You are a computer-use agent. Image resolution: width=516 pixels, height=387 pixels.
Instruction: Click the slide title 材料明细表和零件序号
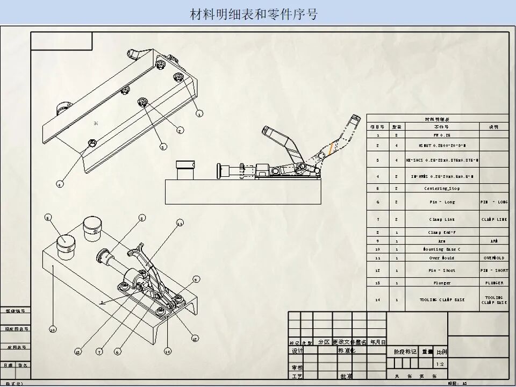(254, 14)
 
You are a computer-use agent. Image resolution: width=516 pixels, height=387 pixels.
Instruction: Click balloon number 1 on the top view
(199, 113)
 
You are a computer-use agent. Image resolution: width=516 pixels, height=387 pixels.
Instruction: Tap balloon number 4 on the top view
(60, 184)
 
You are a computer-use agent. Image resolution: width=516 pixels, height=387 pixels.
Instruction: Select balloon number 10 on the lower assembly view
(53, 329)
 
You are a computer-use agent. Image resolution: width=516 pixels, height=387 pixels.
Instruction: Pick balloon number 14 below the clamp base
(168, 352)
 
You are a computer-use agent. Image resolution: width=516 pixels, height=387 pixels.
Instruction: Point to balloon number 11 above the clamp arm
(180, 222)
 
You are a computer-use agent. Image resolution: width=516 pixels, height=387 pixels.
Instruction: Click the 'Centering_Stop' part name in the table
(442, 189)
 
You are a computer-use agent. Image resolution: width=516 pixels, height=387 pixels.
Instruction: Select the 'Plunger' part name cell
(442, 283)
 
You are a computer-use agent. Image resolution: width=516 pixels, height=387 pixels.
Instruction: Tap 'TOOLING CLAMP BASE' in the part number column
(442, 299)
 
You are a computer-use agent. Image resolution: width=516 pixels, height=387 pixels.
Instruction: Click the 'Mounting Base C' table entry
(442, 249)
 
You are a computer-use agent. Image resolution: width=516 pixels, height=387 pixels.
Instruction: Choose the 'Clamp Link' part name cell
(442, 219)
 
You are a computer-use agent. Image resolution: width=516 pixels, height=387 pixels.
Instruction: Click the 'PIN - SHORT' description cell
(494, 270)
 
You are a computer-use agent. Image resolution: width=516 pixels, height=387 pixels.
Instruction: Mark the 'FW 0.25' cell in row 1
(442, 135)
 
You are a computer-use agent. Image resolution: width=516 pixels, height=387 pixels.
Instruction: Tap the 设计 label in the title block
(297, 351)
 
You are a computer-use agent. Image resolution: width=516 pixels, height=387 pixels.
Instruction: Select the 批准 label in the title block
(347, 376)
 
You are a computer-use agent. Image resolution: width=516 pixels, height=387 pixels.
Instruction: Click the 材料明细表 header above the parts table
(436, 119)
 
